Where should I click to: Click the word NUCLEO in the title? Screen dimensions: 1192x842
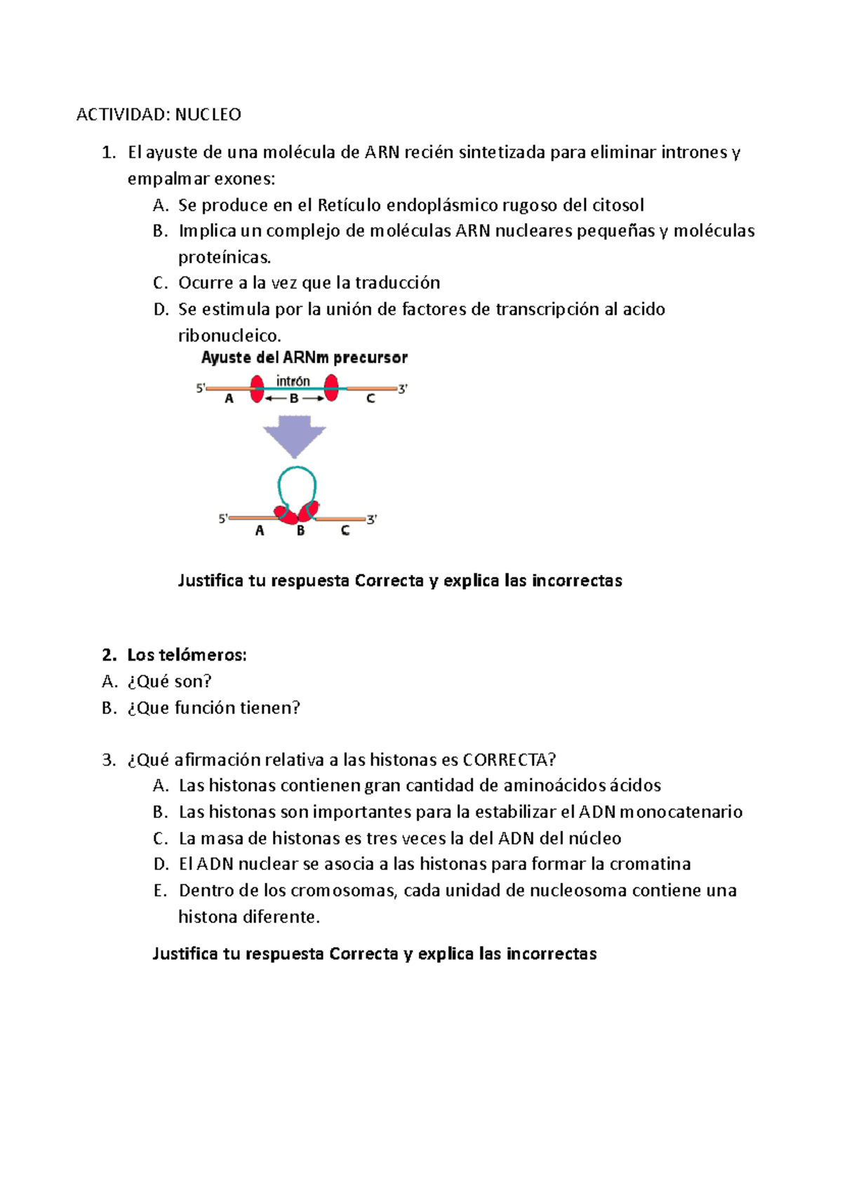[x=208, y=114]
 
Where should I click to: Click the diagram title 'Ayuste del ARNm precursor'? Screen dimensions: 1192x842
[x=304, y=357]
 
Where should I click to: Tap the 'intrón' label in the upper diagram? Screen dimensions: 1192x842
[x=293, y=381]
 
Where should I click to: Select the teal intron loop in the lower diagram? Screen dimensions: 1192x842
[x=297, y=481]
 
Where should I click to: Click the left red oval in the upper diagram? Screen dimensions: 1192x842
[x=257, y=388]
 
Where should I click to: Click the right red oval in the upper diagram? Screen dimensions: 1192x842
[x=331, y=388]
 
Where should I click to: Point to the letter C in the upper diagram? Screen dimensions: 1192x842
[x=370, y=399]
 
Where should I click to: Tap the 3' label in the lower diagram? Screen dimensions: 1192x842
[x=371, y=519]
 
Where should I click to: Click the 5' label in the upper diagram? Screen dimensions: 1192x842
[x=200, y=388]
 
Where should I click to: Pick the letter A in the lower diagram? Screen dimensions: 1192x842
[x=260, y=531]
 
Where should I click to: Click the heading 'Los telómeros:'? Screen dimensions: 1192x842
[x=186, y=655]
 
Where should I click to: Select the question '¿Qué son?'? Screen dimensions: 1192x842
[x=169, y=681]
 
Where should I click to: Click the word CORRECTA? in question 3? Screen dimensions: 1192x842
[x=509, y=760]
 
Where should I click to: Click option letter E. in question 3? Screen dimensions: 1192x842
[x=161, y=890]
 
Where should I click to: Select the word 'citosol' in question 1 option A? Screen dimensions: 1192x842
[x=618, y=205]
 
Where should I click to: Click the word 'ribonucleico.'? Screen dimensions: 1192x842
[x=229, y=336]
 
